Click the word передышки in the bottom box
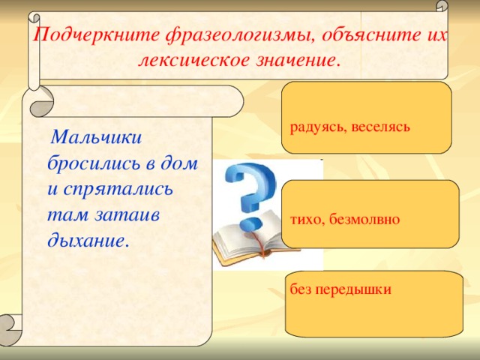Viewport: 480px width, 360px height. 354,289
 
